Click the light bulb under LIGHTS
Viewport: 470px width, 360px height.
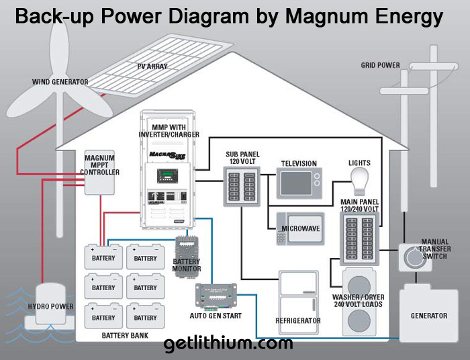(359, 179)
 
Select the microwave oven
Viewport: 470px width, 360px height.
(296, 229)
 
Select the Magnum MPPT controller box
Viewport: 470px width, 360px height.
(101, 173)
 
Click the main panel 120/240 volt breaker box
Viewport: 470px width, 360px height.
(361, 236)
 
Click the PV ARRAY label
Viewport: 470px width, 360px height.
(152, 66)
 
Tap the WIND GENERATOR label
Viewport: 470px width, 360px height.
(60, 82)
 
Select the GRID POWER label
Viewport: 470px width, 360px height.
(380, 66)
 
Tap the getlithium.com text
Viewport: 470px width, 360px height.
(228, 344)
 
